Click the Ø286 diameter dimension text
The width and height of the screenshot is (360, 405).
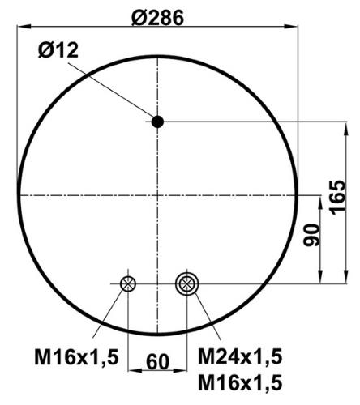(157, 18)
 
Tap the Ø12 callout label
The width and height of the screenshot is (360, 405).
(58, 50)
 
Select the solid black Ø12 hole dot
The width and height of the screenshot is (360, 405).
(157, 122)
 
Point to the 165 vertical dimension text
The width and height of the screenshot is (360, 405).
(337, 197)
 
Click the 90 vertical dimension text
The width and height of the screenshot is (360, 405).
(311, 235)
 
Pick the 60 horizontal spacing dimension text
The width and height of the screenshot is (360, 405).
(158, 362)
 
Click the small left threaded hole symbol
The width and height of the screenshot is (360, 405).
(128, 283)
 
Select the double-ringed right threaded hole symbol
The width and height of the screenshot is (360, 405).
(187, 283)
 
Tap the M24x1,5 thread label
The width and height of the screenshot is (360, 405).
(240, 356)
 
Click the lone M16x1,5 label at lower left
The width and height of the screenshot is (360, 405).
(76, 357)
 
